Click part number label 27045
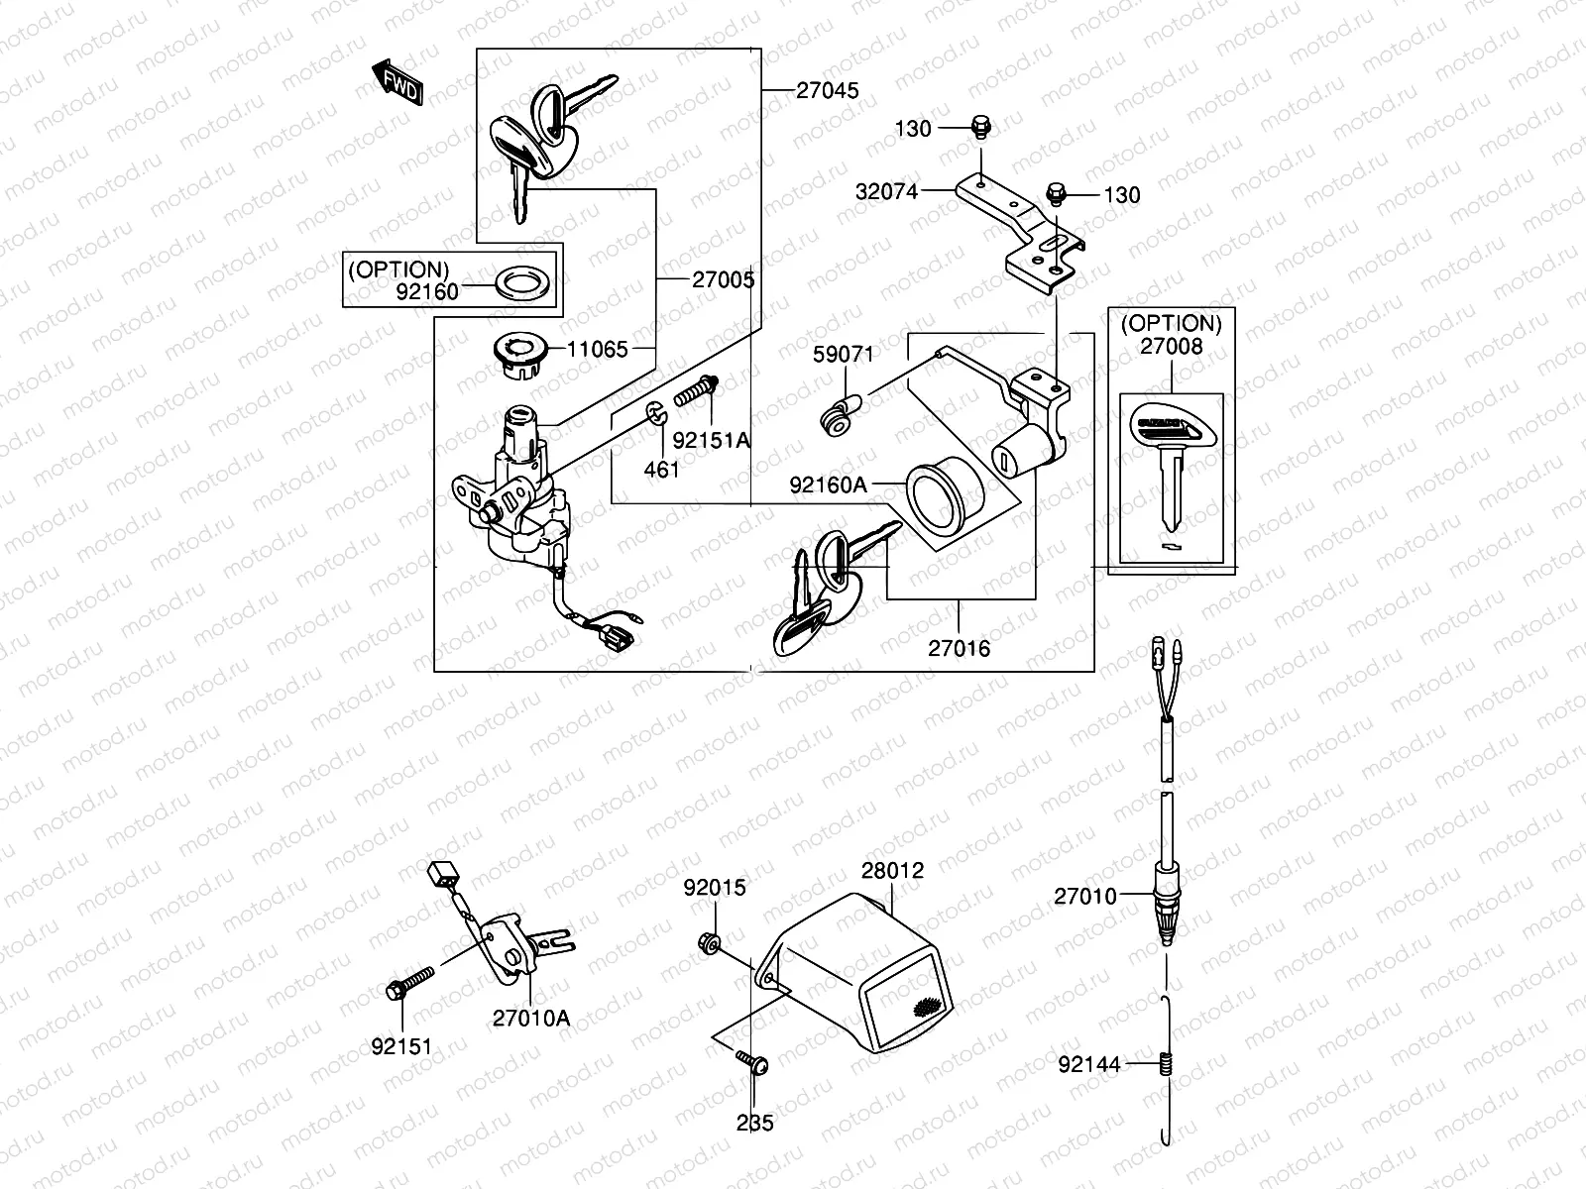tap(827, 91)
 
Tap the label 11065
tap(597, 349)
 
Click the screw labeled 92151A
tap(698, 392)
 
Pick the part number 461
tap(661, 469)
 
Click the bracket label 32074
tap(887, 191)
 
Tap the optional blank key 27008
tap(1173, 466)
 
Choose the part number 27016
tap(959, 649)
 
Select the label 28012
tap(891, 870)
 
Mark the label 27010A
tap(531, 1017)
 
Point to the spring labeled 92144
tap(1167, 1065)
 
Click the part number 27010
tap(1084, 896)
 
